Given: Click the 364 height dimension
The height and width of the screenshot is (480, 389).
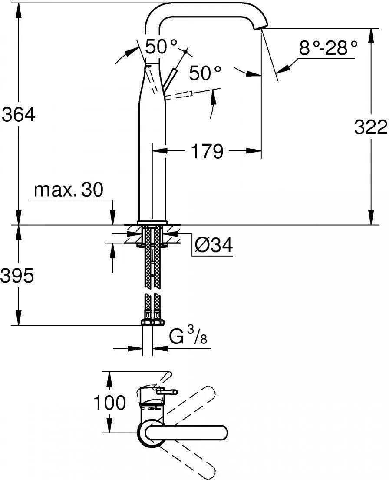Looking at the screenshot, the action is point(19,115).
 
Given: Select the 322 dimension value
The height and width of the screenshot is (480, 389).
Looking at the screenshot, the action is point(371,127).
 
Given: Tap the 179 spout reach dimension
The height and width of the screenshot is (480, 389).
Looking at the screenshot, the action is point(207,151).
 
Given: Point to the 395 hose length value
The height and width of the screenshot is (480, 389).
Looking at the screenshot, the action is point(17,276).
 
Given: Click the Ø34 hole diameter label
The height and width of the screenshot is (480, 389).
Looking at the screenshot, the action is point(214,245).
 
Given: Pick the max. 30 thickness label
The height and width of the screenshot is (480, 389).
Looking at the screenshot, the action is point(69,190).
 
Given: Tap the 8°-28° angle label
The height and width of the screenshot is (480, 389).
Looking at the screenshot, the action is point(328,48).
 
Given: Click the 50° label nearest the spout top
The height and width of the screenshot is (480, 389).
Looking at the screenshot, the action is point(161,47).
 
